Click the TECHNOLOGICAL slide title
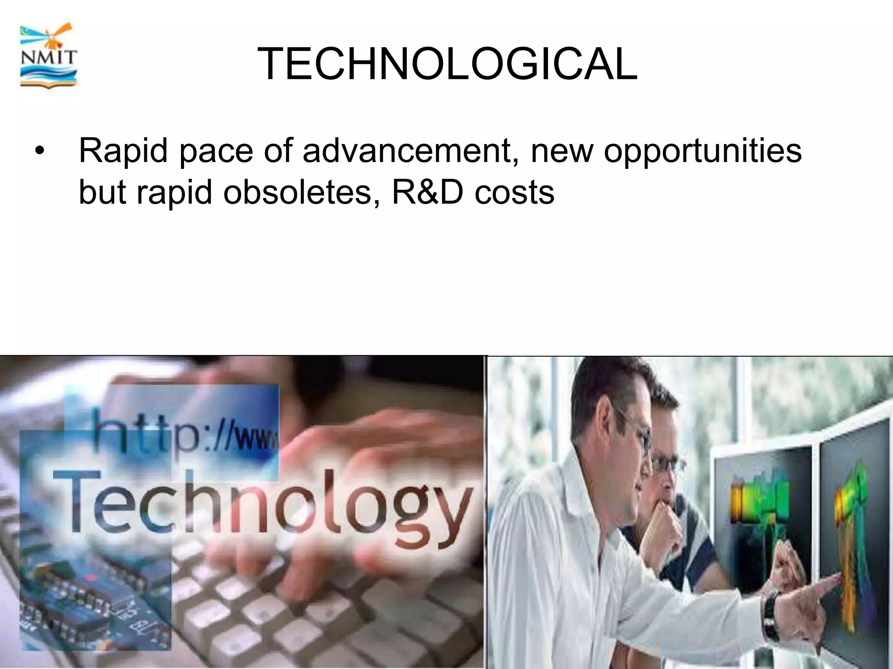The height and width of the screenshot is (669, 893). click(x=447, y=64)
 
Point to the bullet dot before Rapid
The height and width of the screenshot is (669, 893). click(x=40, y=152)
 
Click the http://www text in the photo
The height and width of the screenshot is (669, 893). click(x=185, y=431)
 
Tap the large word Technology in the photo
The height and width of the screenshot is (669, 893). click(x=262, y=505)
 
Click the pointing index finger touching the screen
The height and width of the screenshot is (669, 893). click(x=831, y=581)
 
